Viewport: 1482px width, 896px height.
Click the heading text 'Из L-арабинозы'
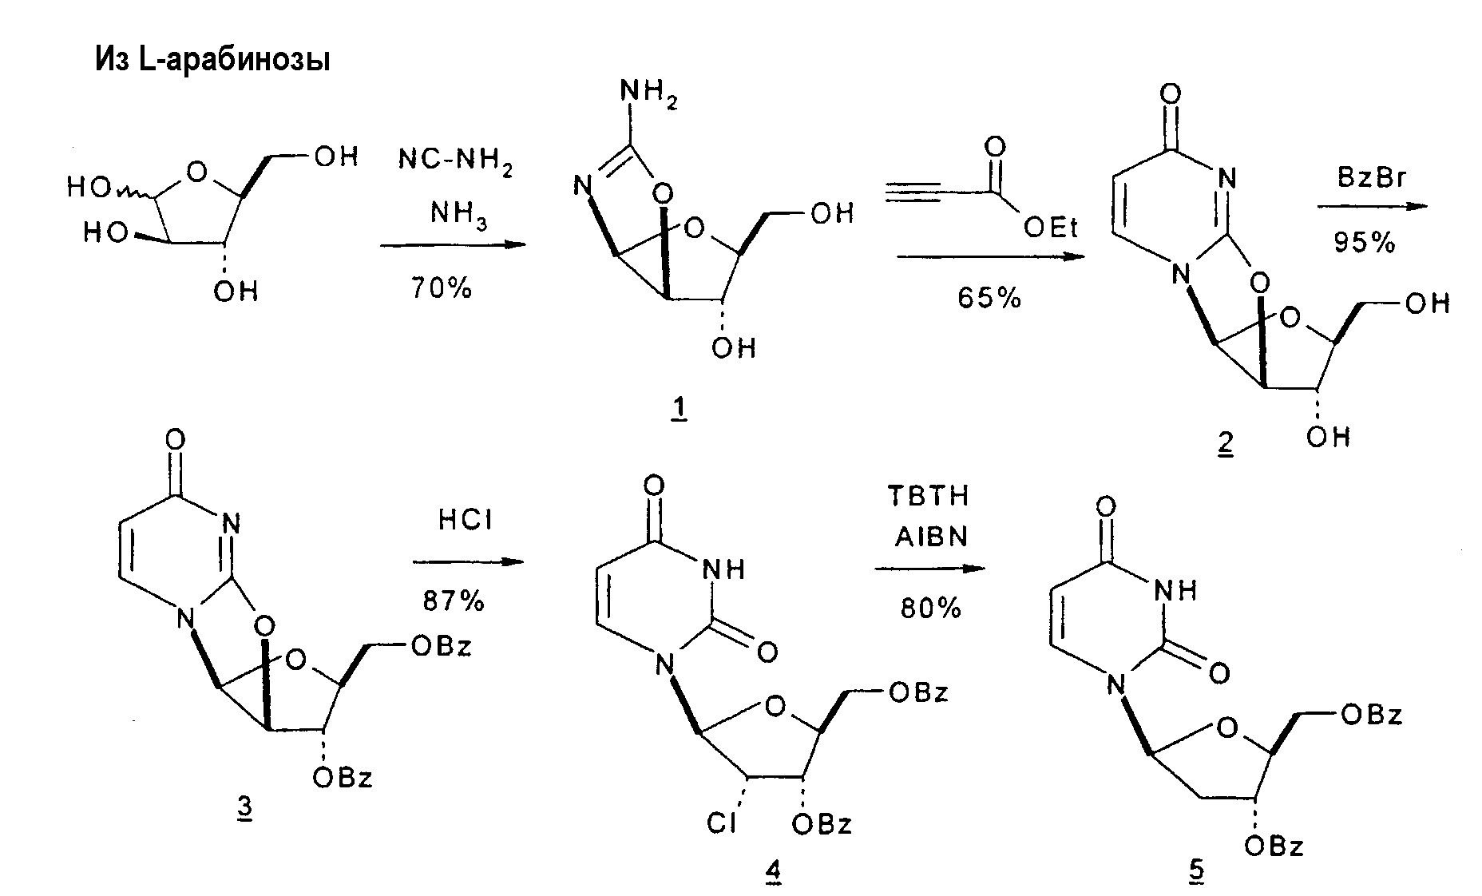(213, 61)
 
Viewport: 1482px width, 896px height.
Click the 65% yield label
(989, 297)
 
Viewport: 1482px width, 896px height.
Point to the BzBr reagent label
(1371, 177)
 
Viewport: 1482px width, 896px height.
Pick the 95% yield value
(1365, 242)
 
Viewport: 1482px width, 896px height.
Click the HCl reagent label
(466, 521)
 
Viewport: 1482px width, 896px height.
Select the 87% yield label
(454, 600)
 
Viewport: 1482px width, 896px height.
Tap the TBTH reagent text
(929, 495)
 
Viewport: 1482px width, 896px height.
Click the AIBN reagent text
(929, 537)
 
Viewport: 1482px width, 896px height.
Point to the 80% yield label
(931, 609)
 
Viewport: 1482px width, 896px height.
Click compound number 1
(679, 410)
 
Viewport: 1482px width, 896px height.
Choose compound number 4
(772, 872)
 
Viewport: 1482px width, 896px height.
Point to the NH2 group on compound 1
(648, 96)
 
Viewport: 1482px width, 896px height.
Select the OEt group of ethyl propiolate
(1051, 228)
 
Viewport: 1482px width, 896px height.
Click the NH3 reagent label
(458, 214)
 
